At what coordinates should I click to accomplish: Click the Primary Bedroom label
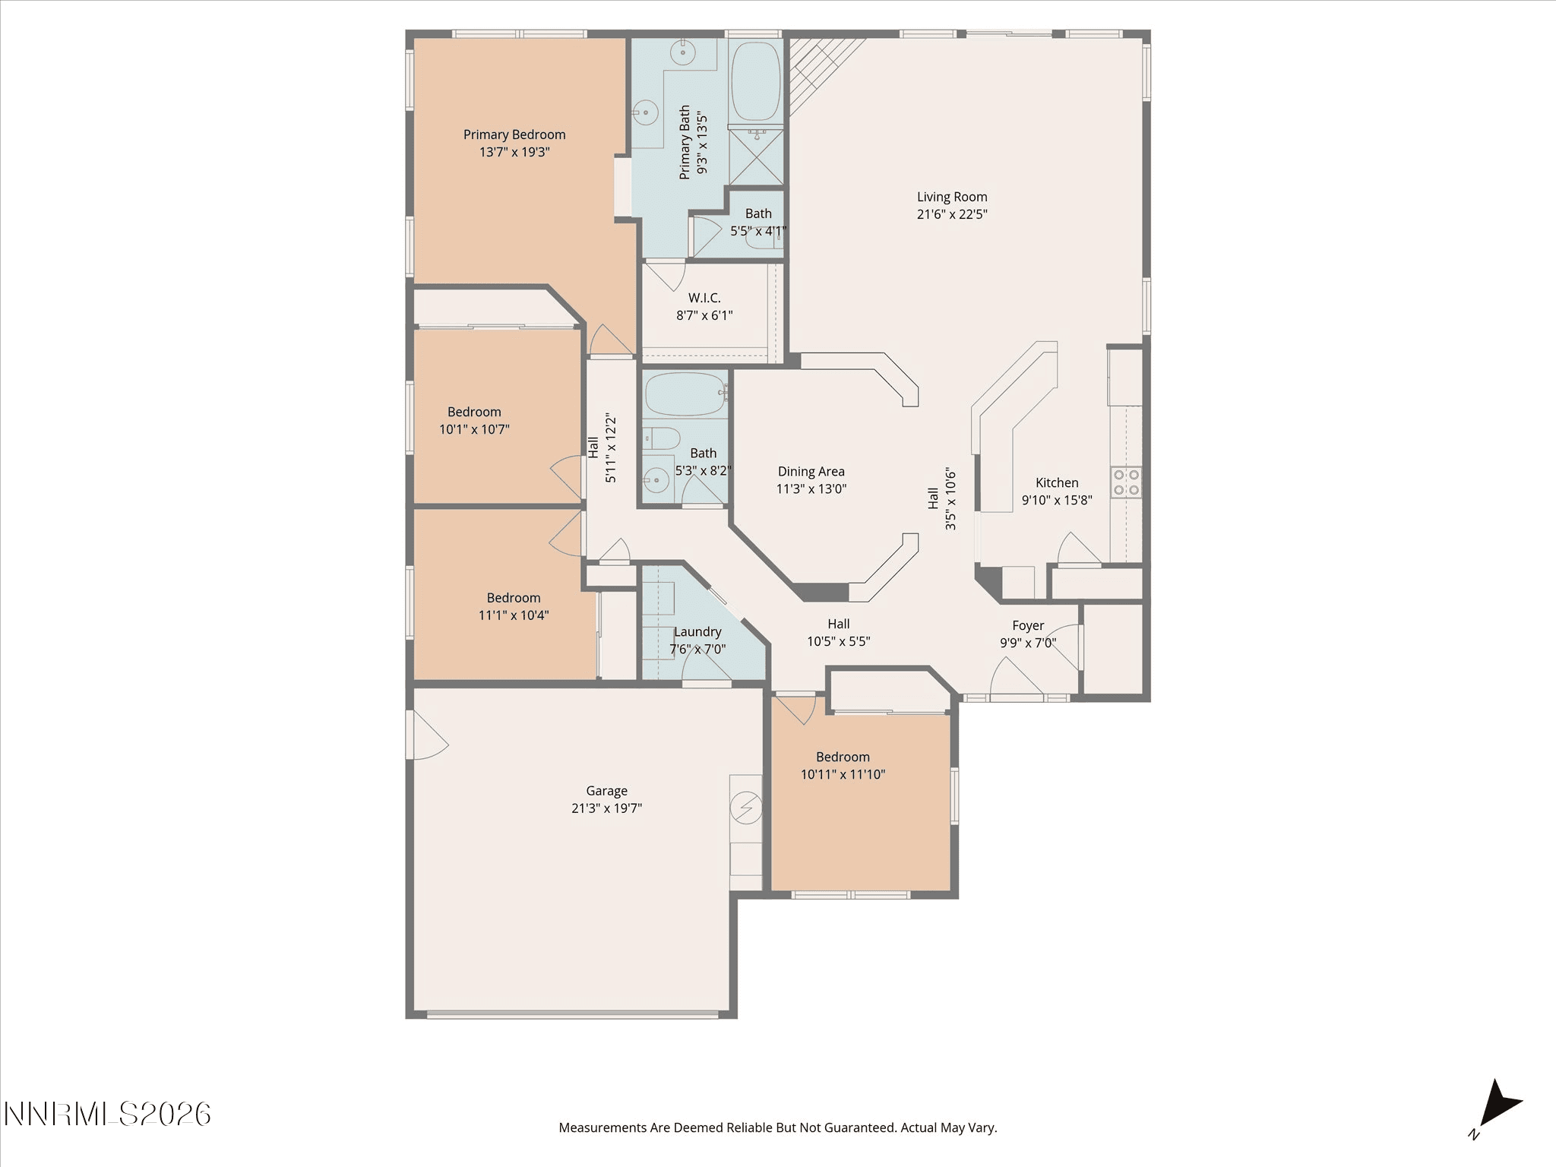514,134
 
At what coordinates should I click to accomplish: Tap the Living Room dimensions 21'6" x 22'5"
952,214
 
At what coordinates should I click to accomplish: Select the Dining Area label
811,472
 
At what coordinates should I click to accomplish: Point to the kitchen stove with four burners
1126,481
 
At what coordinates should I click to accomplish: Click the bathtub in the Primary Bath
755,81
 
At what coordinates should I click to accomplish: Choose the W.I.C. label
704,298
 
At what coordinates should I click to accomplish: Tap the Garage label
606,791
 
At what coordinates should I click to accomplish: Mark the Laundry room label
697,632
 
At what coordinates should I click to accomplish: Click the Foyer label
1028,626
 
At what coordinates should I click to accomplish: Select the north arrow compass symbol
1498,1106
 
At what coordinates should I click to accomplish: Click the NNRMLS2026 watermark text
107,1115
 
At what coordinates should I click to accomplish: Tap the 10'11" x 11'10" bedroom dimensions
843,775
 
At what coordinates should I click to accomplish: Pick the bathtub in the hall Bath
685,394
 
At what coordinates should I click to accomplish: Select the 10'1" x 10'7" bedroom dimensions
474,429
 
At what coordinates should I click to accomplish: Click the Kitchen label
1057,483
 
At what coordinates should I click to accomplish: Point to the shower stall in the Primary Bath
755,157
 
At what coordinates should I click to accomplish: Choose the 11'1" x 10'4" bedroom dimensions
514,615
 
